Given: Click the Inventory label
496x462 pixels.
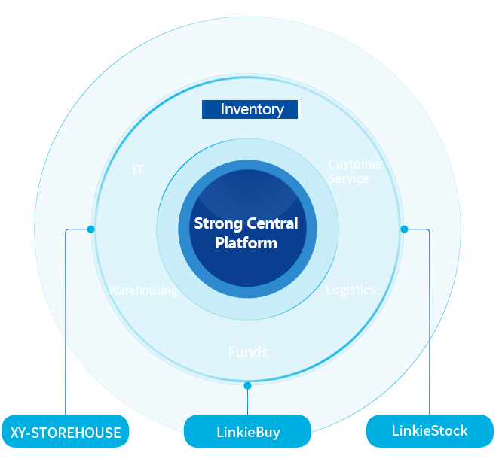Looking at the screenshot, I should pyautogui.click(x=252, y=110).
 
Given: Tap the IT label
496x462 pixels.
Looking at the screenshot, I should pyautogui.click(x=138, y=170).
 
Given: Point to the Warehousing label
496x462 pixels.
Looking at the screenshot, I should pyautogui.click(x=142, y=290).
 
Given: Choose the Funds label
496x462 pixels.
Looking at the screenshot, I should pyautogui.click(x=248, y=352).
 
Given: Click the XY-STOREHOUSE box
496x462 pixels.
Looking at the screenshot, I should pyautogui.click(x=65, y=432).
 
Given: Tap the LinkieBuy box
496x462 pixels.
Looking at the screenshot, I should pyautogui.click(x=248, y=433).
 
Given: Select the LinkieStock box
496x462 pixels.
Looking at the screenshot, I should pyautogui.click(x=430, y=431).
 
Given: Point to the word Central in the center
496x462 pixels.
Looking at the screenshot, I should pyautogui.click(x=269, y=223).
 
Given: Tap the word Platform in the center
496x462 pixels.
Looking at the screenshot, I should pyautogui.click(x=246, y=243).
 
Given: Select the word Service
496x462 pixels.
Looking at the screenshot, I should pyautogui.click(x=348, y=179).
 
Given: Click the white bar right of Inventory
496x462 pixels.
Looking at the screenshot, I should pyautogui.click(x=299, y=110).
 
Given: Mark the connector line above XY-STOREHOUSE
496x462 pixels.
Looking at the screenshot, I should pyautogui.click(x=66, y=324).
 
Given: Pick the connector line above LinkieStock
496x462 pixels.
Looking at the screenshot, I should pyautogui.click(x=430, y=324).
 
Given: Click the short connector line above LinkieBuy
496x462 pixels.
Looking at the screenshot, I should pyautogui.click(x=248, y=399).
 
